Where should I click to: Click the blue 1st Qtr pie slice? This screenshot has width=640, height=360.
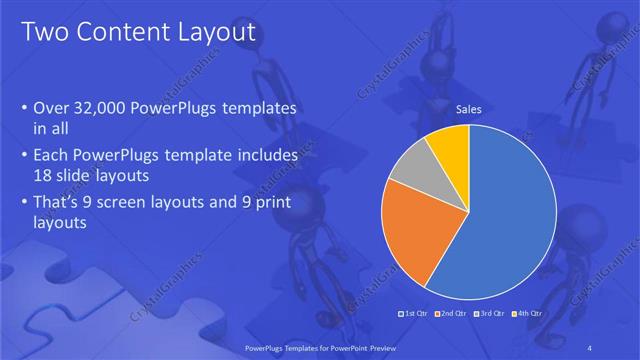point(500,220)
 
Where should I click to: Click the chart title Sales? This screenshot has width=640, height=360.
point(470,110)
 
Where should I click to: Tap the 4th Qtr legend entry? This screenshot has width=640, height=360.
point(527,314)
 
